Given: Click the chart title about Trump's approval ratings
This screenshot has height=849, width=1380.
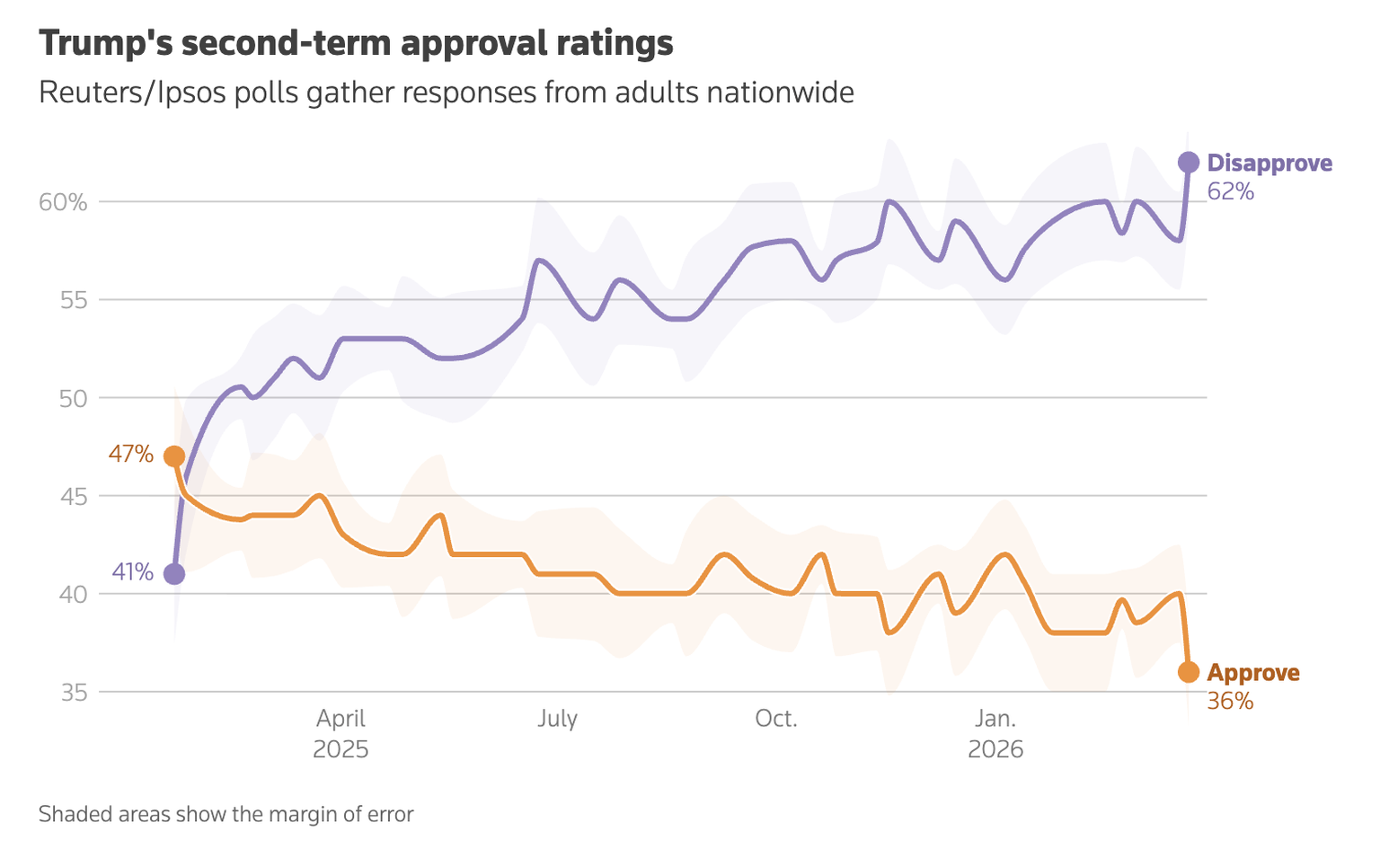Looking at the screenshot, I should [356, 43].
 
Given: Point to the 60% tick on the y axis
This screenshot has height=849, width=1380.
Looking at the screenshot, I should [63, 202].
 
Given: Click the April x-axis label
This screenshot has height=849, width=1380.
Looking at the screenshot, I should [341, 719].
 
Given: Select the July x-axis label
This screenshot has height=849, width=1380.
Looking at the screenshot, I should [557, 719].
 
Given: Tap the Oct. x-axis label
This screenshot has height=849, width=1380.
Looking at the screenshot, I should [776, 719].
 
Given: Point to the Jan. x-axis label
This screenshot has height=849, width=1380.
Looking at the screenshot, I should [995, 719].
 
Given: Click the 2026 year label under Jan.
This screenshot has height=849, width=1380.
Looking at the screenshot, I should [995, 749].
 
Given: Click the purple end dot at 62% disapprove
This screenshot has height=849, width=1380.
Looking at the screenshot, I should [1188, 163].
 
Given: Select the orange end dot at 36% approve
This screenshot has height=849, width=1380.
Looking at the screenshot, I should [1188, 672].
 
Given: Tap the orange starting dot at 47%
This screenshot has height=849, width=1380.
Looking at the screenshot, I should [174, 456].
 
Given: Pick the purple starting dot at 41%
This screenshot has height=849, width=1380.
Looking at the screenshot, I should [174, 574].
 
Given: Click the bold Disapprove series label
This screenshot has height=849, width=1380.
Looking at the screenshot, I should [1269, 163].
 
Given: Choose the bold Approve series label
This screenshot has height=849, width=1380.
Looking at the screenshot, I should [1253, 673].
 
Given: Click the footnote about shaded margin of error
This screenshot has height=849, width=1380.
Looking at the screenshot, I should [226, 815].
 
